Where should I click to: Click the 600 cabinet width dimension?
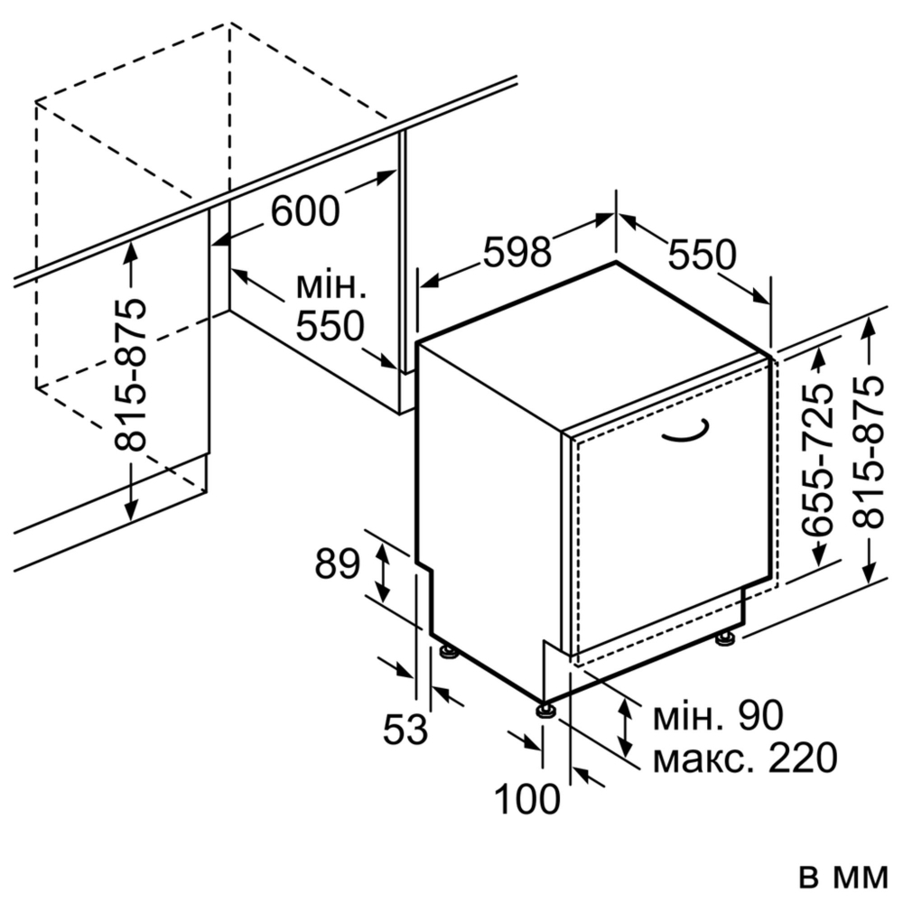(x=305, y=210)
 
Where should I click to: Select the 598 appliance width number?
(x=517, y=252)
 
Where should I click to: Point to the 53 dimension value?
(x=405, y=729)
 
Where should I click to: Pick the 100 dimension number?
(x=527, y=799)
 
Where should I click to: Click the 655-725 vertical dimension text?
(x=818, y=461)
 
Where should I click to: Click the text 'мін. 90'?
(x=718, y=715)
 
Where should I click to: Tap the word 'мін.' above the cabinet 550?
(x=331, y=286)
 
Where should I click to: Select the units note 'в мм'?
(x=844, y=877)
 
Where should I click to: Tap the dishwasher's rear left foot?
(x=449, y=651)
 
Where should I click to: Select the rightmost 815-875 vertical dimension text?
(x=868, y=452)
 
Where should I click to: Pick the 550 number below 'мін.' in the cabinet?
(x=330, y=326)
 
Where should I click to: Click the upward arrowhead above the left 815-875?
(x=131, y=252)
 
